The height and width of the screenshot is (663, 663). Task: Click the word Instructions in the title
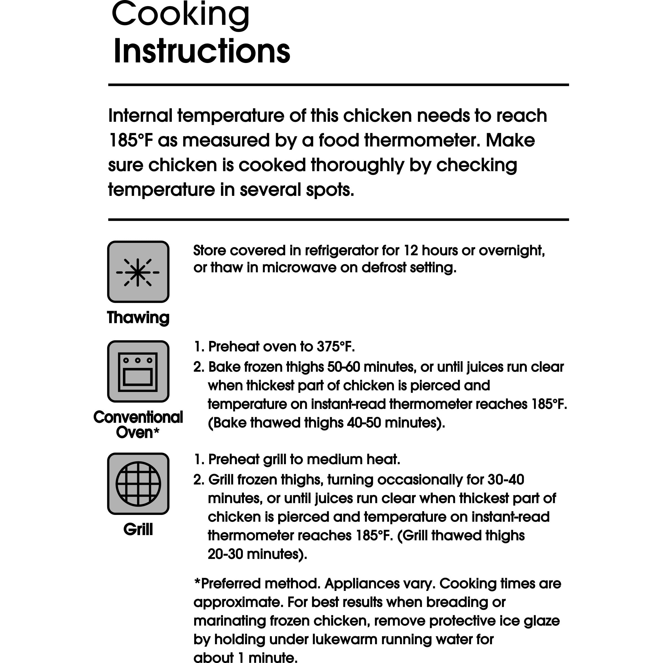pyautogui.click(x=202, y=51)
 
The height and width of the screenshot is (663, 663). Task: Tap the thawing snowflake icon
pyautogui.click(x=138, y=272)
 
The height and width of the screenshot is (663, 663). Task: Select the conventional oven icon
pyautogui.click(x=138, y=371)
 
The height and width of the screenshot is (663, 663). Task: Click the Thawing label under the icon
pyautogui.click(x=138, y=317)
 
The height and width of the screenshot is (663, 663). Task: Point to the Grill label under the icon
pyautogui.click(x=138, y=529)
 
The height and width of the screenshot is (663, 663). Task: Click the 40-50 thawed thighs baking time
pyautogui.click(x=364, y=423)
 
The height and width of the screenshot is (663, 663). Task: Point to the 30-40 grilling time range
pyautogui.click(x=506, y=480)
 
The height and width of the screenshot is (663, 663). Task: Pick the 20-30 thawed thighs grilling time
pyautogui.click(x=225, y=554)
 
